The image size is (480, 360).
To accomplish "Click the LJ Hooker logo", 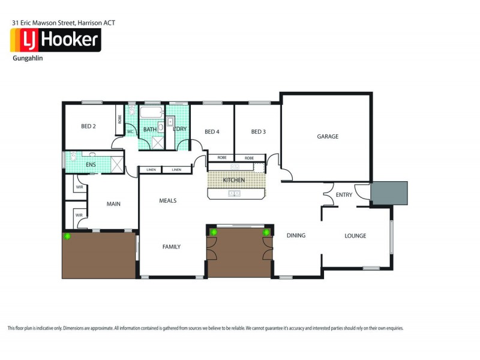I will coord(55,40).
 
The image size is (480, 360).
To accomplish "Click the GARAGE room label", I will coord(328,137).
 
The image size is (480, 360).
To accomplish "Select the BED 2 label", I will coord(89,127).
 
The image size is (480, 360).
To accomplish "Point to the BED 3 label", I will coord(258,132).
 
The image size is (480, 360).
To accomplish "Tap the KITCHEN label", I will coord(234,181).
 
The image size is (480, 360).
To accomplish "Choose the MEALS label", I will coord(167,200).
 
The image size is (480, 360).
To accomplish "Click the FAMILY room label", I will coord(170,247).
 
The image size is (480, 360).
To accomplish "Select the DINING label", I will coord(296,236).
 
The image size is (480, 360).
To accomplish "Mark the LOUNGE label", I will coord(355,236).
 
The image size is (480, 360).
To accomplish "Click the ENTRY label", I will coord(344,195).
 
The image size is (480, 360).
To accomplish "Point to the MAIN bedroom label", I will coord(113,204).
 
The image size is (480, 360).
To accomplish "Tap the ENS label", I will coord(91,164).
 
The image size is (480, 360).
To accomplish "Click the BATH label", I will coord(149,130).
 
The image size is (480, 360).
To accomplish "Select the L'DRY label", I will coord(179,130).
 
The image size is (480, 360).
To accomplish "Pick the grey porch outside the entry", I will coord(389,193).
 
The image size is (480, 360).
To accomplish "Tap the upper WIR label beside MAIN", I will coord(79,188).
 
